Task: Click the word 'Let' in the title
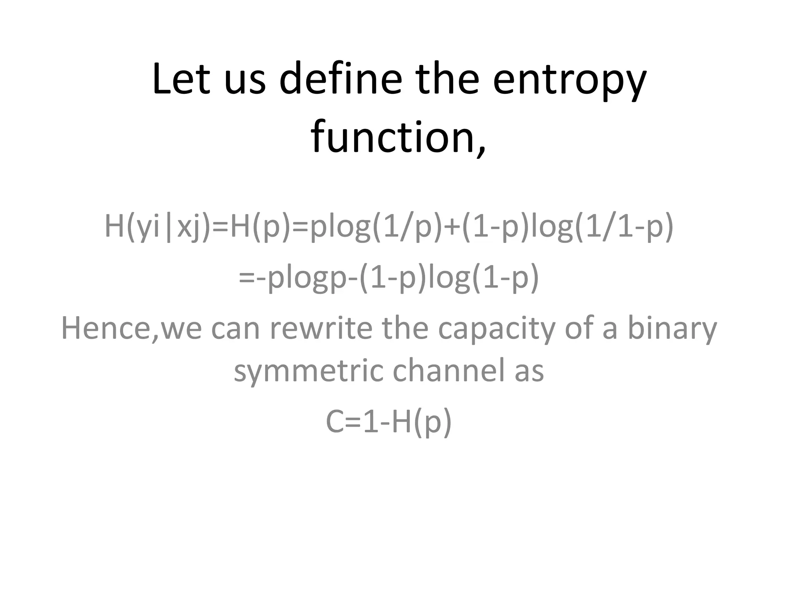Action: click(181, 79)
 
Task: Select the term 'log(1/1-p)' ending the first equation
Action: click(602, 227)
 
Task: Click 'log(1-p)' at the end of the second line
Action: click(484, 278)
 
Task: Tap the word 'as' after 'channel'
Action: click(529, 371)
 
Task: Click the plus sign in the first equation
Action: click(452, 227)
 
